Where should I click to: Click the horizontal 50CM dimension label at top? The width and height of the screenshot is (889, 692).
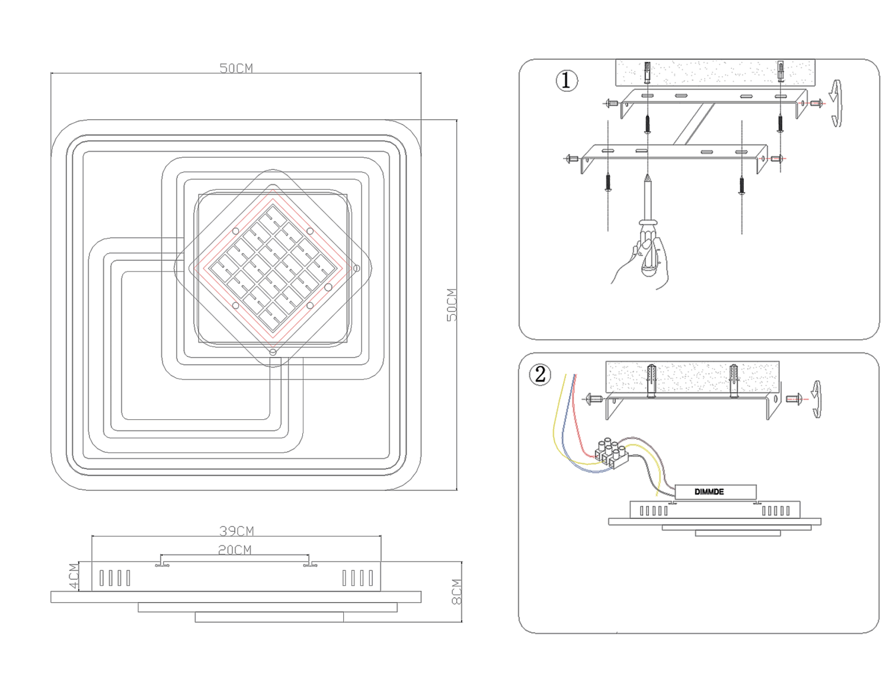pos(236,68)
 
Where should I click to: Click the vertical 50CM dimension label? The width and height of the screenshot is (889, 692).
pos(452,305)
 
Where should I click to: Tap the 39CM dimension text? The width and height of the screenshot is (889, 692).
pos(236,531)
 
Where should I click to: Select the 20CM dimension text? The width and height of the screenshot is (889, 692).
pos(235,550)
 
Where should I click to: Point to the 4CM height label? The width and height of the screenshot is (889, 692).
pos(73,576)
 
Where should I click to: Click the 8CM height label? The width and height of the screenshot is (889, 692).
pos(456,592)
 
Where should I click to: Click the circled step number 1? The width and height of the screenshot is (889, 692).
pos(566,80)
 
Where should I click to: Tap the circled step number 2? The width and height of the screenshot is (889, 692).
pos(540,374)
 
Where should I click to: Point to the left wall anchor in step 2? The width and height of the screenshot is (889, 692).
pos(651,380)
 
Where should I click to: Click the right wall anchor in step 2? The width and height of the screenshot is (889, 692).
pos(734,380)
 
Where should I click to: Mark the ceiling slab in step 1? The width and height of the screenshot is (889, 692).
pos(715,72)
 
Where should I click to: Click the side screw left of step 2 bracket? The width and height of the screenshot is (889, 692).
pos(593,399)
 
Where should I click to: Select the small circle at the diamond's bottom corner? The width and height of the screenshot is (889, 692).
pos(273,352)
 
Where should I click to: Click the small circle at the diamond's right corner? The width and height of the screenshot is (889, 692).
pos(356,269)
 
